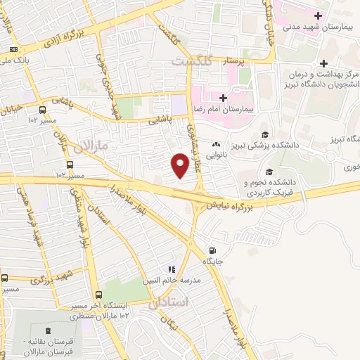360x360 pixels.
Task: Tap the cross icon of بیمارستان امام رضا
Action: [223, 98]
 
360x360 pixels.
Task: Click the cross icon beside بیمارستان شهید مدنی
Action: [319, 15]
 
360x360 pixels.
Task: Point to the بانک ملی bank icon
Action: [14, 49]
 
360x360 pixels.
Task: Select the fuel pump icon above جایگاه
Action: [212, 250]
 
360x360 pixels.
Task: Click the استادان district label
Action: [168, 302]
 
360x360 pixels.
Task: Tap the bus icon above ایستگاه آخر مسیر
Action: [98, 295]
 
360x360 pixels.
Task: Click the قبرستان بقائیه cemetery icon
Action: [47, 330]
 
